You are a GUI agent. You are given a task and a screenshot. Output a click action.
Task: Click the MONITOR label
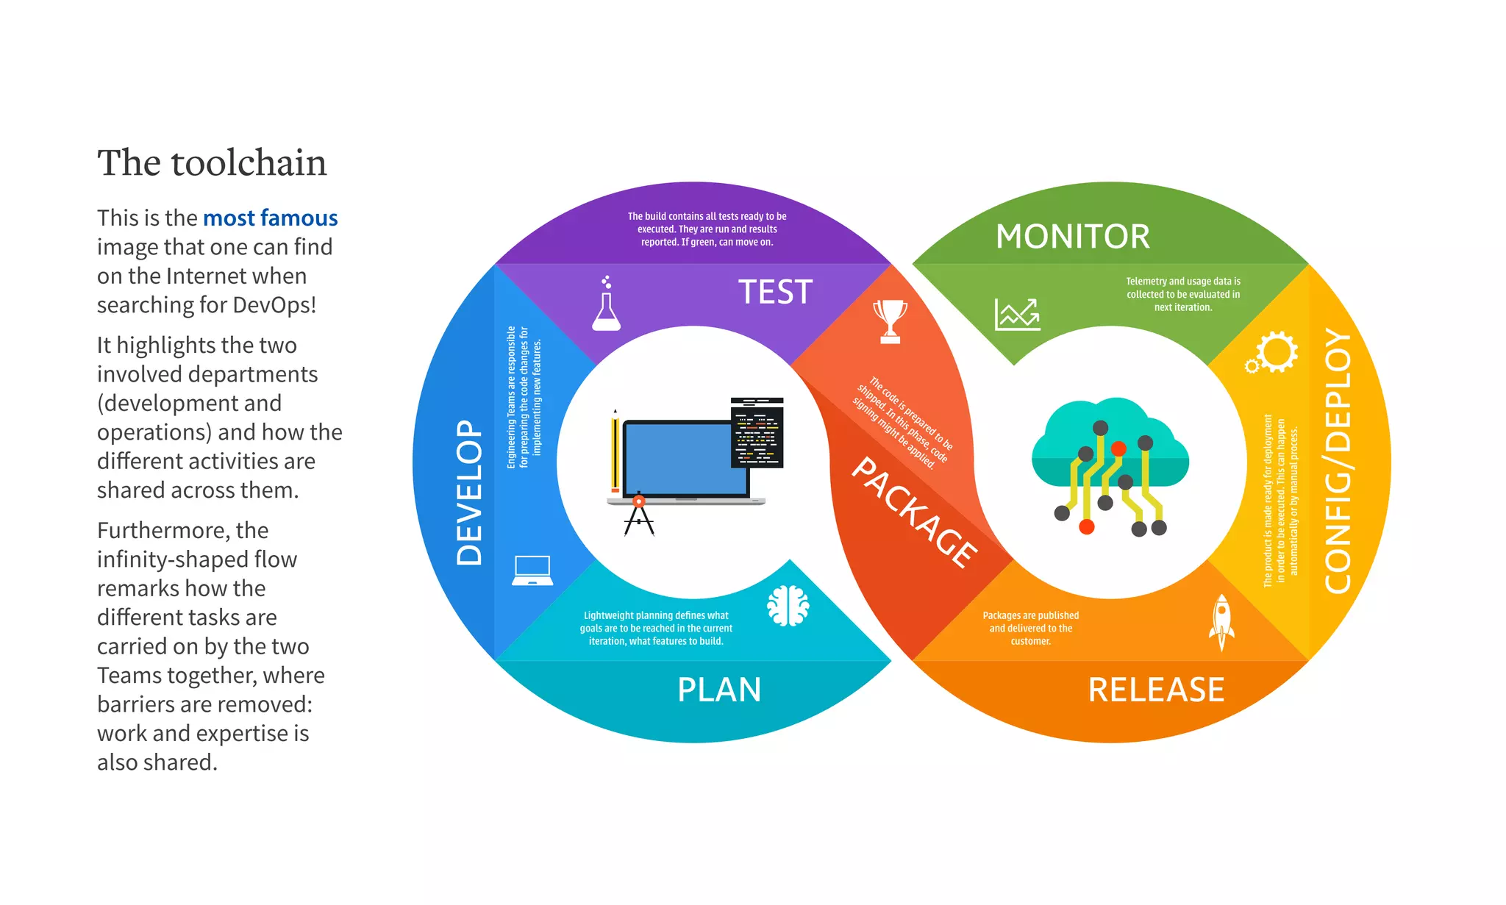[x=1072, y=237]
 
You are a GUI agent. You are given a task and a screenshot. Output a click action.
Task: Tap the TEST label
[x=775, y=293]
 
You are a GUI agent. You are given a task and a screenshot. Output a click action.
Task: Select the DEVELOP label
[x=470, y=493]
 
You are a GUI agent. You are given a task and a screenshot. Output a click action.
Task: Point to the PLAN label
[x=718, y=690]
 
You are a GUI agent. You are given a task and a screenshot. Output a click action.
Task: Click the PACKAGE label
[x=914, y=512]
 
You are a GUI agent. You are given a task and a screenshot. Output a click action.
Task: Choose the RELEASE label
[x=1156, y=690]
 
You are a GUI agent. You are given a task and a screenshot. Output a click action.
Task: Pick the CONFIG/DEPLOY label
[x=1338, y=461]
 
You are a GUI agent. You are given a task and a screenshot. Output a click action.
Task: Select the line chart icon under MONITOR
[x=1017, y=315]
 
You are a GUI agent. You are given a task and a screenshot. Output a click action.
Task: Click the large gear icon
[x=1277, y=352]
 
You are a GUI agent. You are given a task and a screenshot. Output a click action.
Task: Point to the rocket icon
[x=1221, y=622]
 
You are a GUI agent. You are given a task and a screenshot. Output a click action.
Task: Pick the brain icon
[x=788, y=606]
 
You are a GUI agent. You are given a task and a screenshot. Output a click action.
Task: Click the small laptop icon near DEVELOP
[x=532, y=570]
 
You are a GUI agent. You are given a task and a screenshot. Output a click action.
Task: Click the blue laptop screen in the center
[x=685, y=458]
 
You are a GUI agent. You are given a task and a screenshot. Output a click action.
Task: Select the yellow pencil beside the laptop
[x=615, y=453]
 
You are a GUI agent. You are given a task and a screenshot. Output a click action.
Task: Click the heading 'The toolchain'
[x=212, y=162]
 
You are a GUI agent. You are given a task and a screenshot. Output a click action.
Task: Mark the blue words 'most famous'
[x=270, y=218]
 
